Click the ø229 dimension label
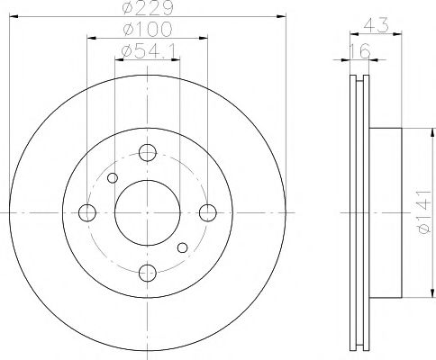click(x=148, y=7)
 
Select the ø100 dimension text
click(x=148, y=30)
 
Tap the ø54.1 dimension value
click(x=150, y=51)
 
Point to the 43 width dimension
click(x=377, y=25)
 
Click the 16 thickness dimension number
click(x=359, y=51)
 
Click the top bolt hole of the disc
click(x=148, y=152)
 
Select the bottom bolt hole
click(x=148, y=273)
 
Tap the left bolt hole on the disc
click(x=87, y=212)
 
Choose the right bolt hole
click(x=208, y=212)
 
